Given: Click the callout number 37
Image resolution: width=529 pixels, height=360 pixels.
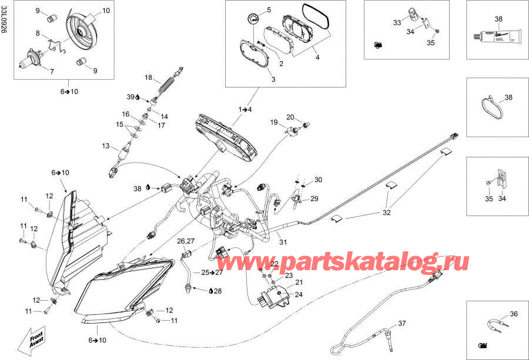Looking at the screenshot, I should tap(401, 324).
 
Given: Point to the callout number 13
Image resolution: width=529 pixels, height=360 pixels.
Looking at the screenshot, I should tap(106, 146).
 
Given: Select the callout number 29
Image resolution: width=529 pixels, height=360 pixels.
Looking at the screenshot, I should tap(314, 198).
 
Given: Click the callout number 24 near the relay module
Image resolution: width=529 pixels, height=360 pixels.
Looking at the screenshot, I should tap(298, 295).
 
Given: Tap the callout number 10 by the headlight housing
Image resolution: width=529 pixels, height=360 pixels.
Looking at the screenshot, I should tap(106, 11).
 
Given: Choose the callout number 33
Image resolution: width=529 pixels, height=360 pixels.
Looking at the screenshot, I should tap(397, 23).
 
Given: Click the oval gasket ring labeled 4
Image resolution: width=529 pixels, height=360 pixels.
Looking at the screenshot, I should tap(316, 16).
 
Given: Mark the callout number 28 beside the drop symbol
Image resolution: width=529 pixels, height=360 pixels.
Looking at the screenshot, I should tap(218, 291).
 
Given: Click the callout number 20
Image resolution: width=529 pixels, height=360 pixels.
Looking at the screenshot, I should tap(290, 117).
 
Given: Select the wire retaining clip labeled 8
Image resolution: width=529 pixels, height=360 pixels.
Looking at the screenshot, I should tap(55, 42).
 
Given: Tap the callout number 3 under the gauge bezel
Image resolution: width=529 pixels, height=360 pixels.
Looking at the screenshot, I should tap(272, 78).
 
